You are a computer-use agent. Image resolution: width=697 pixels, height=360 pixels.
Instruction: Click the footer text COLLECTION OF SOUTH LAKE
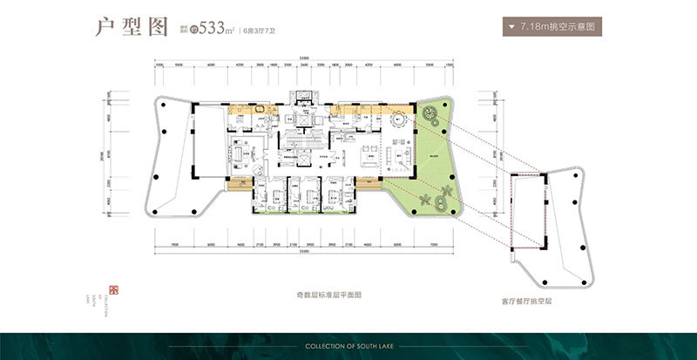348,346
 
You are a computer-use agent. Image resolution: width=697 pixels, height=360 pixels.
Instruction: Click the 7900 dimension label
175,246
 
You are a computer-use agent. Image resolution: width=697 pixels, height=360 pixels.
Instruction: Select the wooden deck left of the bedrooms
238,183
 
